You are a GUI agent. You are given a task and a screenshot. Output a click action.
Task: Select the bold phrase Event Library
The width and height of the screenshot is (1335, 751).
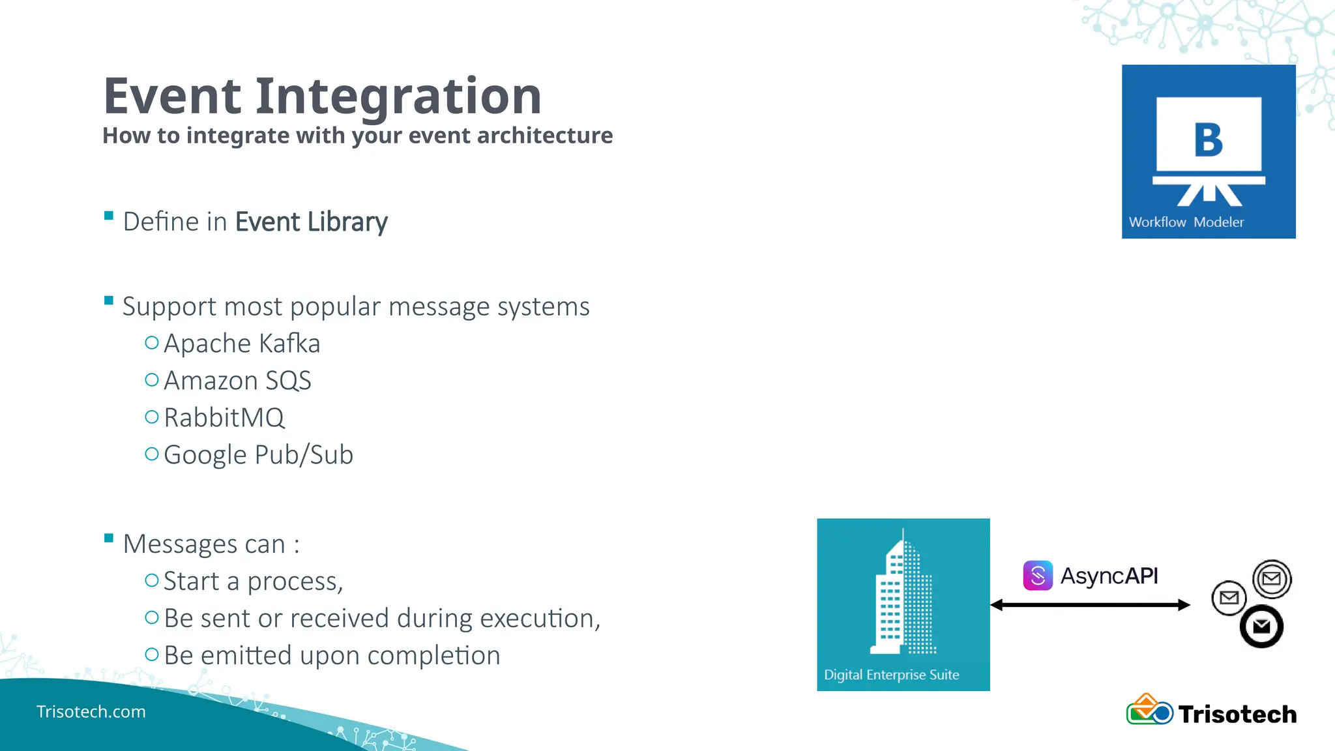[311, 222]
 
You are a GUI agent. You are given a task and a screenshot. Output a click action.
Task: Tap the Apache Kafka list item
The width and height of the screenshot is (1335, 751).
[242, 344]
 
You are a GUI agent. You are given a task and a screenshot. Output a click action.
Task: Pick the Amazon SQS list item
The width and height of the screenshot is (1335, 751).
[237, 381]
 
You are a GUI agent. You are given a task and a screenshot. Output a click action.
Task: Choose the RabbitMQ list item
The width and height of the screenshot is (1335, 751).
[224, 418]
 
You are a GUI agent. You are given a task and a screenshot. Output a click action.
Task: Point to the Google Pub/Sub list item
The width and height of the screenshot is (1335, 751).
[258, 455]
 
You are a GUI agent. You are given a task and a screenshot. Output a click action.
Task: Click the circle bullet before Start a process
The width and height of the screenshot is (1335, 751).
[152, 580]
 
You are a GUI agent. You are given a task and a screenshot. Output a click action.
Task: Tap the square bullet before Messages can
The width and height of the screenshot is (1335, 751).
[109, 538]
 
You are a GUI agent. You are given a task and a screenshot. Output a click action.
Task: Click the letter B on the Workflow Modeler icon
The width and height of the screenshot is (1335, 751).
[1208, 140]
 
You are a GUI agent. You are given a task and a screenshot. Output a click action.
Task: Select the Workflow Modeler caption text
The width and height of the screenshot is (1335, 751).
[1186, 222]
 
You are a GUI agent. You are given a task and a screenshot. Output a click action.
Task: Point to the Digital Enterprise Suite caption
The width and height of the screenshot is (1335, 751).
[891, 675]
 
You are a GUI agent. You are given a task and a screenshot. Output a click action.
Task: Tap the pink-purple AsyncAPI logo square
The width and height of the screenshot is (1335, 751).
[1038, 576]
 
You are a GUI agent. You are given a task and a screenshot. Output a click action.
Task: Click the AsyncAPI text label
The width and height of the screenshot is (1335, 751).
[1109, 576]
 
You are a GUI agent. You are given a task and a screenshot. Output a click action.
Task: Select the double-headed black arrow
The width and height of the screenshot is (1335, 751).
[1090, 605]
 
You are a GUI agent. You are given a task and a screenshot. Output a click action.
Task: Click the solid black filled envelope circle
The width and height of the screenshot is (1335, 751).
[1261, 626]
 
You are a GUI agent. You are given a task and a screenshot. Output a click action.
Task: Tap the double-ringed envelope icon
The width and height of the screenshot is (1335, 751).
[1272, 579]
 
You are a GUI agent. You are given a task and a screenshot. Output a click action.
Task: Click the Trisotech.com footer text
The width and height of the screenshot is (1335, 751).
[91, 711]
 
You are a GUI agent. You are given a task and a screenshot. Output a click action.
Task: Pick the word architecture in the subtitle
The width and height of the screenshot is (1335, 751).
[545, 136]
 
